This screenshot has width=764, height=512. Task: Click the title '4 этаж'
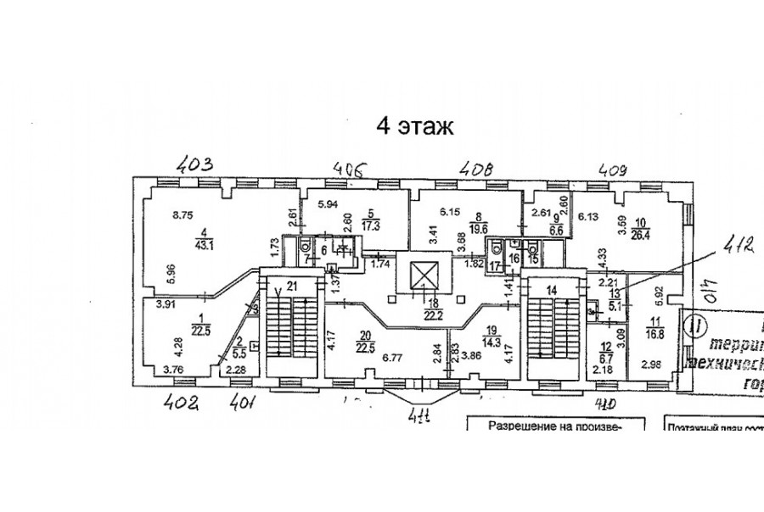(x=416, y=127)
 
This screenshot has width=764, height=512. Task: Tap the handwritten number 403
(x=194, y=163)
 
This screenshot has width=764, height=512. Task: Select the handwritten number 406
(x=351, y=168)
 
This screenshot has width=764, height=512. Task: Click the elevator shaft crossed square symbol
(x=421, y=275)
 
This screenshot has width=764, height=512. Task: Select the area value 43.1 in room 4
(x=205, y=246)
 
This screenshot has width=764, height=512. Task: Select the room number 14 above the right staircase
(x=552, y=291)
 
